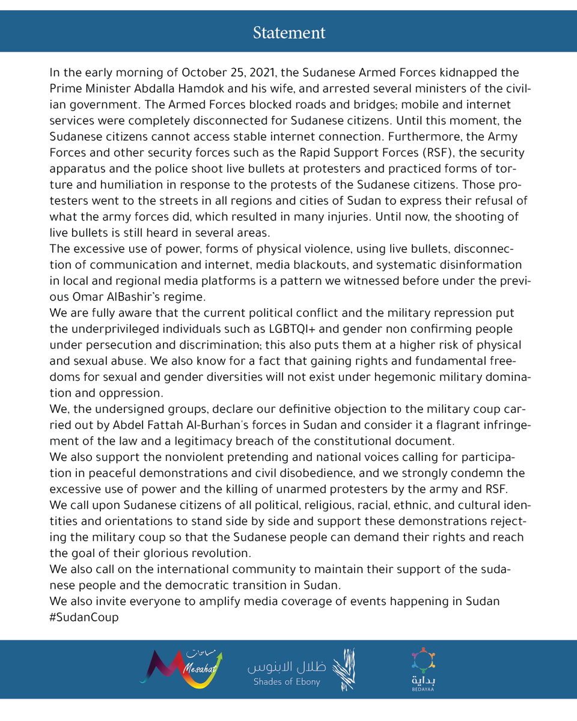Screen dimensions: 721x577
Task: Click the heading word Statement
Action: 289,32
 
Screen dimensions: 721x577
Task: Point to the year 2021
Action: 260,73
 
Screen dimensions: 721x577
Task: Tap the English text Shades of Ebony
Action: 287,682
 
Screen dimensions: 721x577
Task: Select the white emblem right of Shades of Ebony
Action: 344,668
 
